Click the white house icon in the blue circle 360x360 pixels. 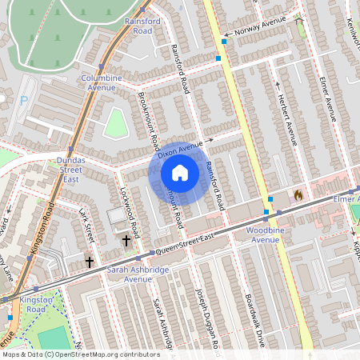pos(180,173)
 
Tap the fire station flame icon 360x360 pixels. pos(298,194)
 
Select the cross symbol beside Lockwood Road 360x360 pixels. pos(126,240)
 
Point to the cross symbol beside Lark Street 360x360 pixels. pos(89,262)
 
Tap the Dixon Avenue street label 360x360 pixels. pos(180,149)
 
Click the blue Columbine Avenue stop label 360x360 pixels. pos(102,82)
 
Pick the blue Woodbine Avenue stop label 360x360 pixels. pos(264,234)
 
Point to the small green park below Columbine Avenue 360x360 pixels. pos(116,123)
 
